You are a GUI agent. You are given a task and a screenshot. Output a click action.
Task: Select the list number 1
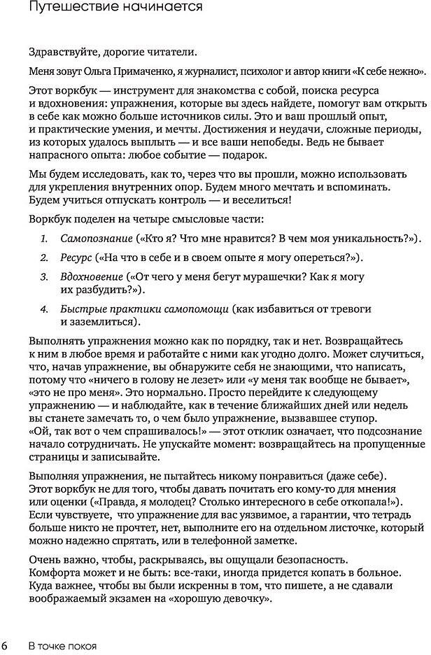coord(44,239)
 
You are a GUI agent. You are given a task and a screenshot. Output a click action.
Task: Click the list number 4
coord(44,309)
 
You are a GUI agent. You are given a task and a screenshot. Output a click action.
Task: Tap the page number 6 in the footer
coord(6,645)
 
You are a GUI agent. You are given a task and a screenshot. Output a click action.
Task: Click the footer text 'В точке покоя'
coord(62,645)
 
